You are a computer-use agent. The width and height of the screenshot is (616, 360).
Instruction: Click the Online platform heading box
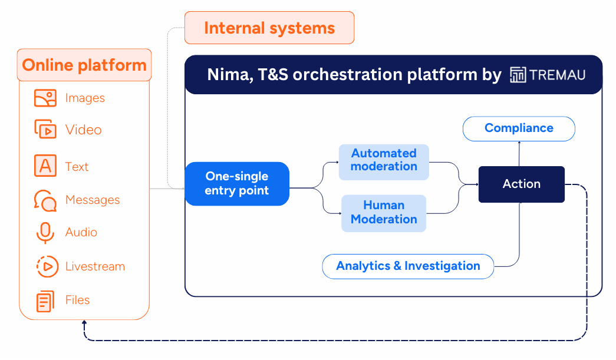(84, 65)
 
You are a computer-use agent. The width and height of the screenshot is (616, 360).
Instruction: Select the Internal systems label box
(269, 28)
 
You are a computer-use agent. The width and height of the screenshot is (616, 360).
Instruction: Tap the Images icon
(45, 98)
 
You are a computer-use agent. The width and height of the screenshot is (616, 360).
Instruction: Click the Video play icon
(45, 130)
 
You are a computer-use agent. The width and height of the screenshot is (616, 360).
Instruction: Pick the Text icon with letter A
(45, 166)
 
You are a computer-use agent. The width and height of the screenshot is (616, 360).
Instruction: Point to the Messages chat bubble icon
(45, 200)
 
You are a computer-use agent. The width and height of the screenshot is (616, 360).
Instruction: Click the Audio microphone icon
(45, 233)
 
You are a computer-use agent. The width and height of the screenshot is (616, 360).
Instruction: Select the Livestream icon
(47, 266)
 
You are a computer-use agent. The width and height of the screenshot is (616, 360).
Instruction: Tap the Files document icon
(45, 300)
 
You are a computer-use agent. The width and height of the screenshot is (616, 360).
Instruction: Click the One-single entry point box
(237, 184)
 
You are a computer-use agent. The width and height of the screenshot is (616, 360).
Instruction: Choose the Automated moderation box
(384, 160)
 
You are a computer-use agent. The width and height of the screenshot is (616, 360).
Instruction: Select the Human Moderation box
(384, 212)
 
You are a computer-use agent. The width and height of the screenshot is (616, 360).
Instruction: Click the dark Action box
(521, 184)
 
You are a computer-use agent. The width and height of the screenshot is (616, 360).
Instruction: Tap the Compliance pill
(519, 128)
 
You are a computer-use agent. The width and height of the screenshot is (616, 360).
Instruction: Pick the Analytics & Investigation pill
(408, 266)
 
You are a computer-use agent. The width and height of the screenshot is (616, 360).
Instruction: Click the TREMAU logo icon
(518, 75)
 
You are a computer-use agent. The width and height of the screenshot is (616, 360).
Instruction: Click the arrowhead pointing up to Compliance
(519, 144)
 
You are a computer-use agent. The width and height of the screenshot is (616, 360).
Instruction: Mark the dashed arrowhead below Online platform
(84, 323)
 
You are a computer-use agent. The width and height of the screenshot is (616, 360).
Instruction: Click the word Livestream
(95, 266)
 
